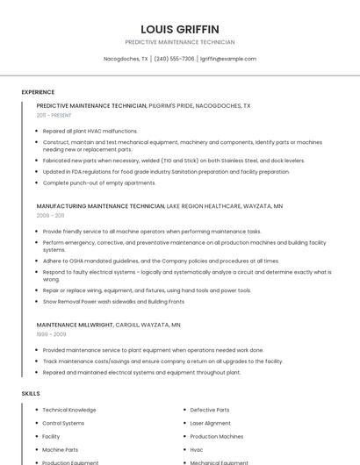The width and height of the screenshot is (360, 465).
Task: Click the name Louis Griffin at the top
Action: coord(180,29)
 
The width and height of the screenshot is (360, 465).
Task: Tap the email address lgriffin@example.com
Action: coord(228,59)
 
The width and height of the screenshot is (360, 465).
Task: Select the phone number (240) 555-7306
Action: coord(174,59)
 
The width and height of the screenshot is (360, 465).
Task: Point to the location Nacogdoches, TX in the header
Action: coord(126,59)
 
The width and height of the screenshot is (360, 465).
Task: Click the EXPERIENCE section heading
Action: coord(38,92)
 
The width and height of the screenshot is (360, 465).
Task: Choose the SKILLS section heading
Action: coord(31,394)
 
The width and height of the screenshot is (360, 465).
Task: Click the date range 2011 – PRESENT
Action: coord(54,115)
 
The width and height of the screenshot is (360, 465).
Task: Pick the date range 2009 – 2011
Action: coord(50,215)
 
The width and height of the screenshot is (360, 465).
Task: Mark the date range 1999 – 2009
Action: coord(50,334)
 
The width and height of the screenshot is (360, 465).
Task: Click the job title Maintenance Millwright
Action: coord(75,325)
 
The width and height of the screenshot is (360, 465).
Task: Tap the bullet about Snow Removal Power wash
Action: coord(113,301)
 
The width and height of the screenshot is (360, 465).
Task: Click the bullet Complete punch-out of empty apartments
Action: coord(99,182)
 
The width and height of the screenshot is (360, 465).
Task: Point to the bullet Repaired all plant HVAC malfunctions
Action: coord(90,131)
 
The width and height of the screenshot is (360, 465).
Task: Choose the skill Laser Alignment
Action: coord(211,423)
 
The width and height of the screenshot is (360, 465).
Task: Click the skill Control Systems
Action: coord(63,423)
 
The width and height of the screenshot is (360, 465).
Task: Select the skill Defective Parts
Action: coord(210,410)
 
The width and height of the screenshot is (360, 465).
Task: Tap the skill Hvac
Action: coord(197,449)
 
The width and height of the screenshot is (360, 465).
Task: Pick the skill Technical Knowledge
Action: coord(69,410)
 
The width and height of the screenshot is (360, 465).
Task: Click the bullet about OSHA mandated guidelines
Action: coord(161,261)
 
